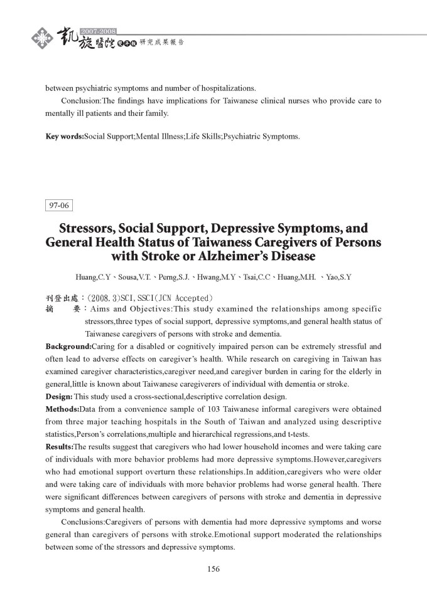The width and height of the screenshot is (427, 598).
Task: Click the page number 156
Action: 213,569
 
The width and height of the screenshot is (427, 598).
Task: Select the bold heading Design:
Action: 59,396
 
